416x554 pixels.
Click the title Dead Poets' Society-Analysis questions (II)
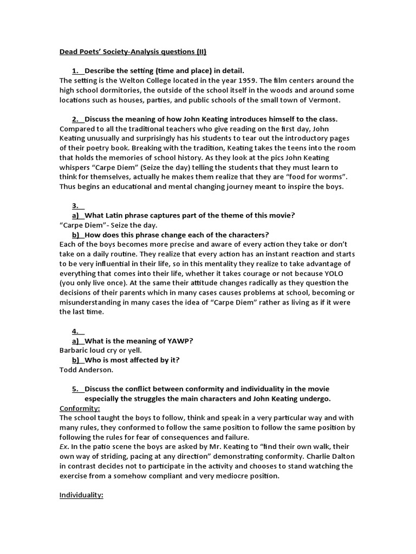pyautogui.click(x=133, y=52)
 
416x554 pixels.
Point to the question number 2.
pyautogui.click(x=75, y=119)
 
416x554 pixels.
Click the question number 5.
pyautogui.click(x=75, y=388)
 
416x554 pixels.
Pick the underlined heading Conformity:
pyautogui.click(x=80, y=408)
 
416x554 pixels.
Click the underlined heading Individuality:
pyautogui.click(x=81, y=495)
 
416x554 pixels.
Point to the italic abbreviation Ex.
pyautogui.click(x=64, y=447)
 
